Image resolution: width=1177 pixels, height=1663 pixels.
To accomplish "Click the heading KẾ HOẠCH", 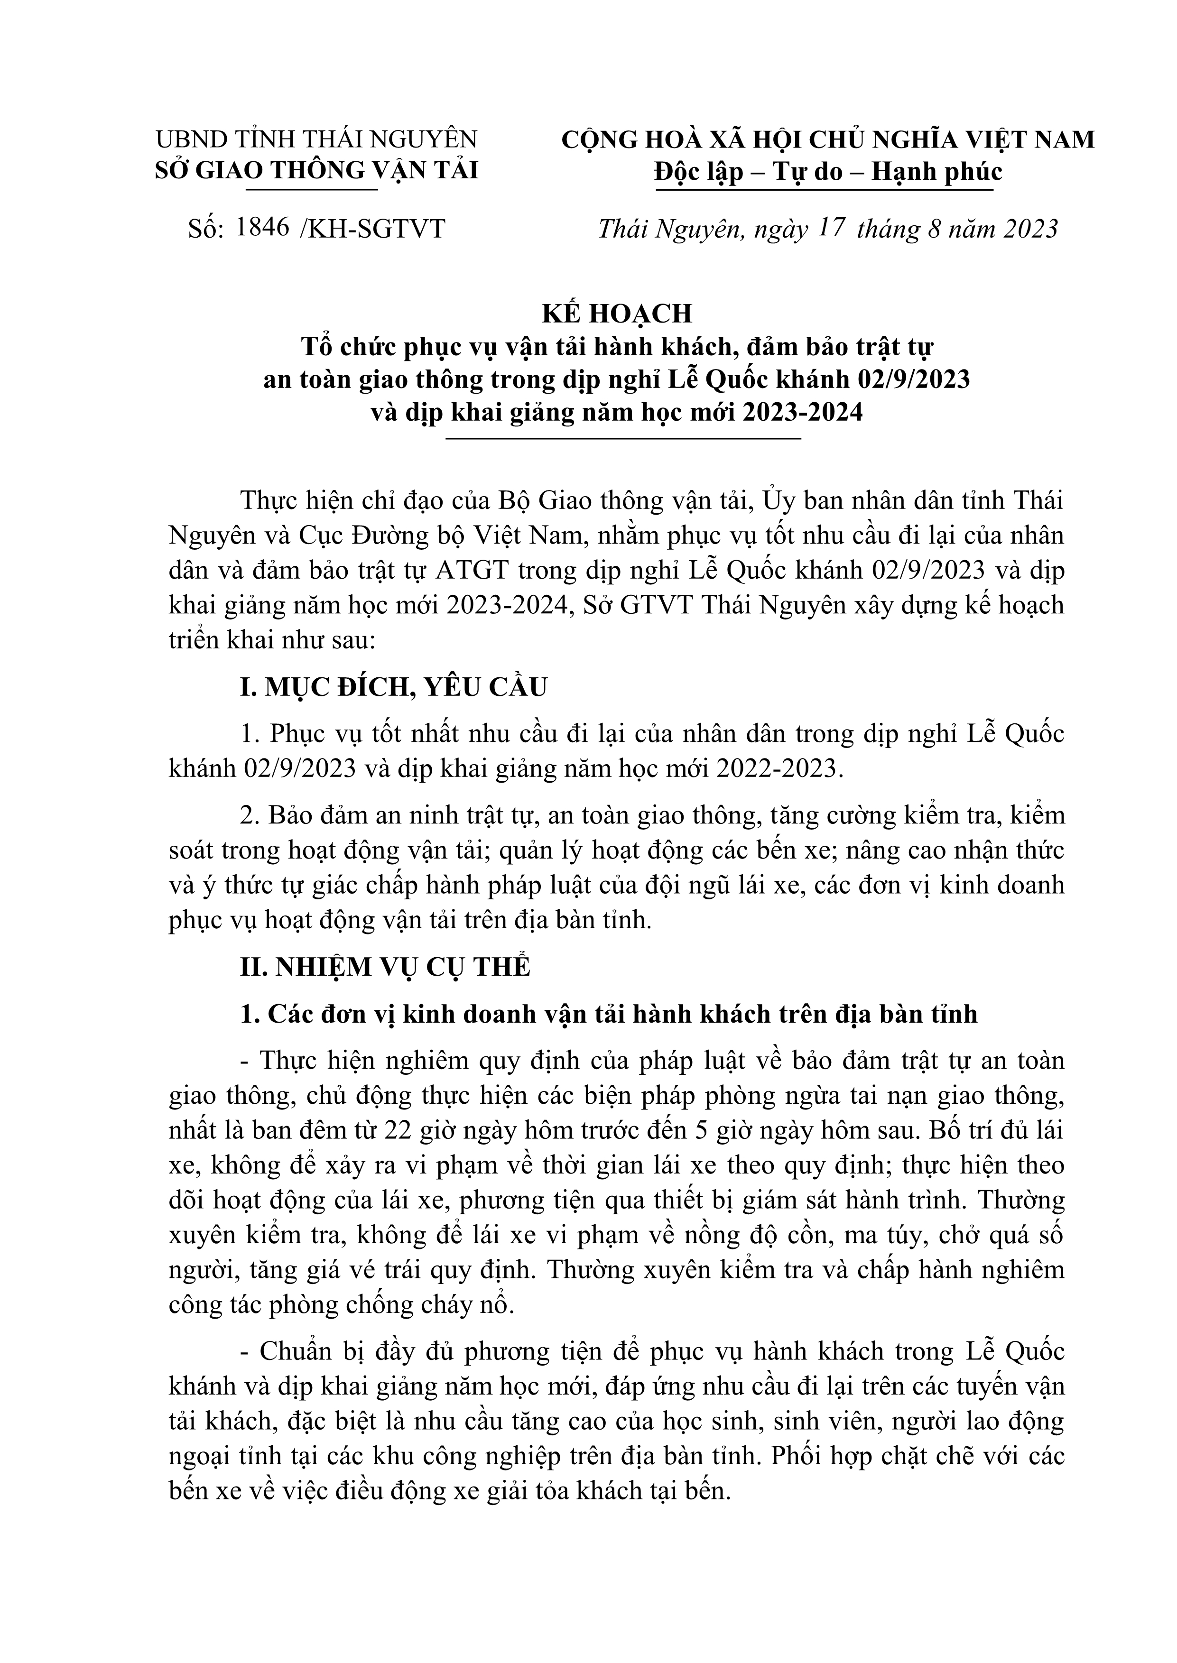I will click(x=618, y=313).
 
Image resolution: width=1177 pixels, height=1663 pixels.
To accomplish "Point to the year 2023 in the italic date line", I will click(x=1030, y=229).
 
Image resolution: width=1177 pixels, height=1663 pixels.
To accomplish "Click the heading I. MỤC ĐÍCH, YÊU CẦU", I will click(x=394, y=686).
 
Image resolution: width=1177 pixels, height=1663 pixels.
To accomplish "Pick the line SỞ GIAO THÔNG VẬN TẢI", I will click(x=317, y=171).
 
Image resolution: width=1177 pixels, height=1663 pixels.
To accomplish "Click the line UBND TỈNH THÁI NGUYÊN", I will click(x=317, y=139).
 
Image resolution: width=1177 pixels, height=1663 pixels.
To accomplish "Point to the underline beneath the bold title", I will click(x=623, y=438).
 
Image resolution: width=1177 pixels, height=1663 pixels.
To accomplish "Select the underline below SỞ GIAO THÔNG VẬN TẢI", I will click(x=312, y=190).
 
